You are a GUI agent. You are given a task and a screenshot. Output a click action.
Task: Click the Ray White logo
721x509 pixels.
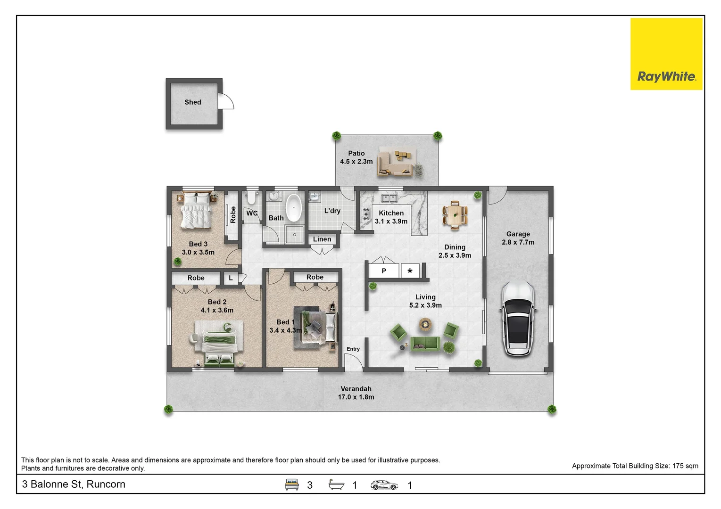pyautogui.click(x=666, y=54)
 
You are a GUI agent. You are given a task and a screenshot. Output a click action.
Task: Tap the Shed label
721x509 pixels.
pyautogui.click(x=193, y=102)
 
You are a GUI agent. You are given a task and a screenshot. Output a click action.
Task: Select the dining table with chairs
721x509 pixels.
pyautogui.click(x=455, y=215)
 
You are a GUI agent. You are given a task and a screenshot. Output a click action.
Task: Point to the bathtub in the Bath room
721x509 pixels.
pyautogui.click(x=294, y=208)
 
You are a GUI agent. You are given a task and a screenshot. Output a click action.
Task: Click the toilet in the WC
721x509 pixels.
pyautogui.click(x=251, y=197)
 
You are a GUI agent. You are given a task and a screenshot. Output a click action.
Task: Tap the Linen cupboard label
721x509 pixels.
pyautogui.click(x=322, y=239)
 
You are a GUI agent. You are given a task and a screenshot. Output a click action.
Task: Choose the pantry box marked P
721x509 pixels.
pyautogui.click(x=384, y=271)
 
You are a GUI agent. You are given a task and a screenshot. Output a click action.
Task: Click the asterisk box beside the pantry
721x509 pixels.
pyautogui.click(x=410, y=271)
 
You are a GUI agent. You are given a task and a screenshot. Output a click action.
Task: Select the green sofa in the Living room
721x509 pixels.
pyautogui.click(x=425, y=344)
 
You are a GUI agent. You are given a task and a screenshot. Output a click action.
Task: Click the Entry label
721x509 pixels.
pyautogui.click(x=353, y=349)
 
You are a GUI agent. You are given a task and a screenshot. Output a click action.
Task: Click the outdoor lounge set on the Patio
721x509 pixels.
pyautogui.click(x=396, y=163)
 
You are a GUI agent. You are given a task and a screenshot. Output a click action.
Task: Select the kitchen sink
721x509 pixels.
pyautogui.click(x=389, y=198)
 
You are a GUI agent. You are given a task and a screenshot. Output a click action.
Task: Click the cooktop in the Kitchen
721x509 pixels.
pyautogui.click(x=366, y=214)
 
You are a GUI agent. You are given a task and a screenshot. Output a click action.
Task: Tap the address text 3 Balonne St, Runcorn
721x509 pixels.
pyautogui.click(x=74, y=484)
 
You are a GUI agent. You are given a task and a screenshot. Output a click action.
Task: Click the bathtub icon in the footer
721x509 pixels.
pyautogui.click(x=336, y=484)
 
